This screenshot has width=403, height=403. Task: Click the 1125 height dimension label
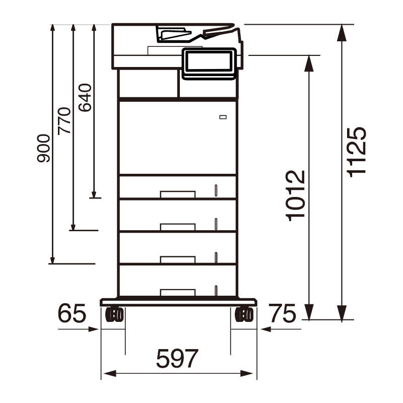coord(357,152)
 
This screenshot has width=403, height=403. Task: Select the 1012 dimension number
coord(296,195)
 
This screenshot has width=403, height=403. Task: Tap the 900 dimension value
coord(43,148)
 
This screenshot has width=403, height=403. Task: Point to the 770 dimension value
coord(64,120)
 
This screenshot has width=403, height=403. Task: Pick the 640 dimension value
coord(85,98)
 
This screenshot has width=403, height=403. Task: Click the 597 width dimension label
coord(177,358)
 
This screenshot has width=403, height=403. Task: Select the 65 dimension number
coord(72,313)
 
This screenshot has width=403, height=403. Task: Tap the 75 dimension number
coord(283,313)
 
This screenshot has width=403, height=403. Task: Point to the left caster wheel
coord(114,314)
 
